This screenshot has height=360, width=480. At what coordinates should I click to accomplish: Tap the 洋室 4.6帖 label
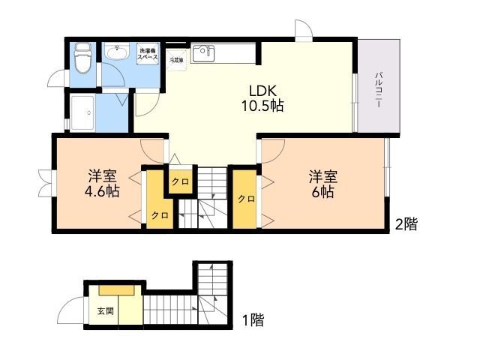102,184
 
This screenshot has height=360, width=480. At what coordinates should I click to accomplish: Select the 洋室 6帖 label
323,184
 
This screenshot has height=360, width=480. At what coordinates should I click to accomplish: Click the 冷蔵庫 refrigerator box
176,59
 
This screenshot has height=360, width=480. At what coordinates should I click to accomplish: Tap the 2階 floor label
406,223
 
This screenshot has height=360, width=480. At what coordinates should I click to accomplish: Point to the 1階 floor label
253,321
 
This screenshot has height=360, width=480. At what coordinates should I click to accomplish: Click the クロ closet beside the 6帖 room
244,199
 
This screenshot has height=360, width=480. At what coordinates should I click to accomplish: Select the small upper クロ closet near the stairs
180,181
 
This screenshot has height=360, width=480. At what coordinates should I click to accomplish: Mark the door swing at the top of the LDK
304,31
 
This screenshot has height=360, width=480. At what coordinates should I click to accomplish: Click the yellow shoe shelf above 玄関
116,290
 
